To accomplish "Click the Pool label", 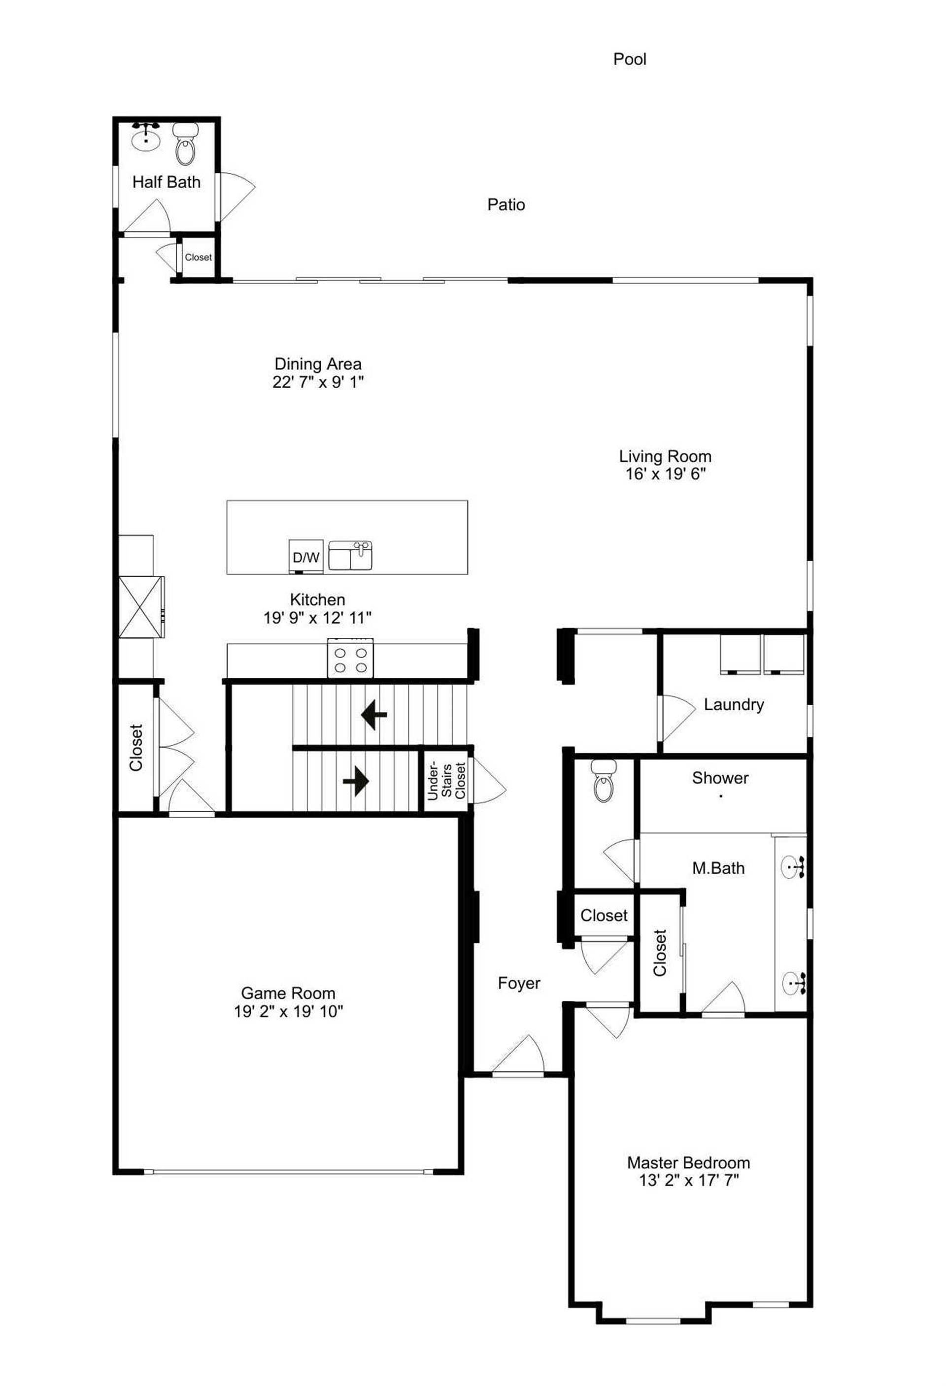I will point(629,59).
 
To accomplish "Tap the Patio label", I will point(506,204).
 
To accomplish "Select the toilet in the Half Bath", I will point(185,145).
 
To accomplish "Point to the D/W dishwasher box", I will point(306,557).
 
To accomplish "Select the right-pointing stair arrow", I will point(356,781).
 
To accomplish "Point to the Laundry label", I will point(734,704).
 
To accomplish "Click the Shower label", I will point(720,778).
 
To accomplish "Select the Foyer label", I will point(519,983).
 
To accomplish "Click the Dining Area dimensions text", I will point(318,382).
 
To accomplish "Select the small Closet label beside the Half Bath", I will point(198,257).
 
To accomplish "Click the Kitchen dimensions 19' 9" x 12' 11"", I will point(317,618).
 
